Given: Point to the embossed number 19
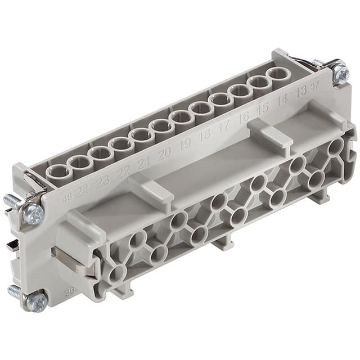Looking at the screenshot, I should [x=184, y=144].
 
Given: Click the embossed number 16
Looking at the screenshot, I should [x=243, y=118].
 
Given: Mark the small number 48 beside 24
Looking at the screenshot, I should [x=67, y=197].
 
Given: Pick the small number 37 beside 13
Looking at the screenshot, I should [x=314, y=85].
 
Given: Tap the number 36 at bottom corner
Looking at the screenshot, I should [x=70, y=292].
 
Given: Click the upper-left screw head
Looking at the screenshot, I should [x=33, y=214].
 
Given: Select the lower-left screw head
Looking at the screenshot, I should [x=36, y=302].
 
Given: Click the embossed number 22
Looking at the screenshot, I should [x=123, y=172].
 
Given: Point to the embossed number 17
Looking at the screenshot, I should [x=224, y=126].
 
